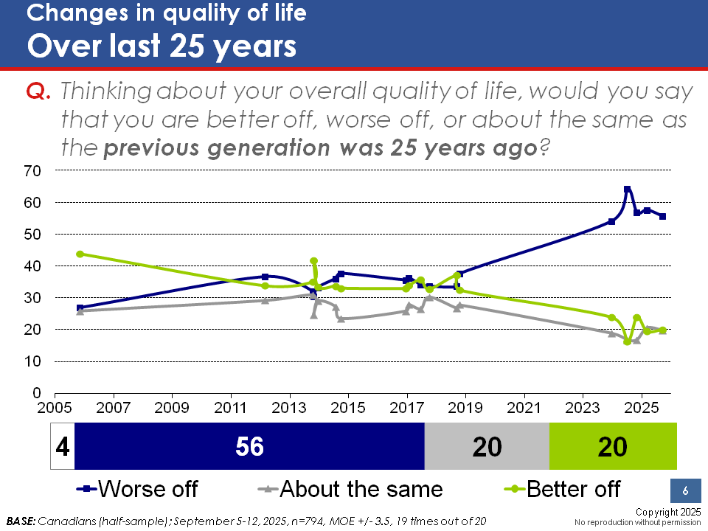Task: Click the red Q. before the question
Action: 38,91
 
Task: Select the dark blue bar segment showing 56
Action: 250,447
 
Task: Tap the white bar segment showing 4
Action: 62,447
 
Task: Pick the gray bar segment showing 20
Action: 487,447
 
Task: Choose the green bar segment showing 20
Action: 613,447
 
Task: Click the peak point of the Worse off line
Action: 627,190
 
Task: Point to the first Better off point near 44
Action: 80,254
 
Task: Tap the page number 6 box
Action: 685,491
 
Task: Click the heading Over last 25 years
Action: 162,46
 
